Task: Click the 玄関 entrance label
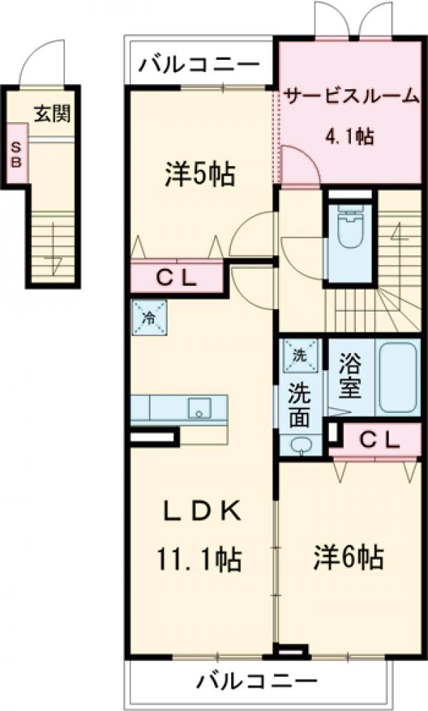tap(53, 112)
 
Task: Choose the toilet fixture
tap(350, 228)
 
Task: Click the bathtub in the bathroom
tap(397, 377)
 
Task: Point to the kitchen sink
tap(199, 408)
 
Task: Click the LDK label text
tap(200, 512)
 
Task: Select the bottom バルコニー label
tap(257, 682)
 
